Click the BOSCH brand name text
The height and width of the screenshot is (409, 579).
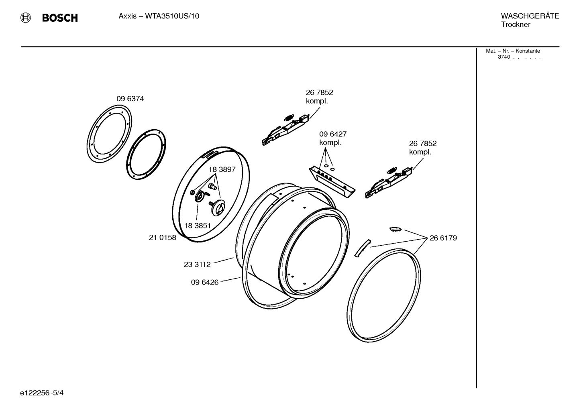tap(60, 18)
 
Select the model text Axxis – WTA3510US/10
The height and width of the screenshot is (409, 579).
tap(159, 16)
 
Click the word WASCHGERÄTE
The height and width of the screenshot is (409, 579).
tap(530, 16)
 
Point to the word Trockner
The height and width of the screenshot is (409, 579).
tap(516, 24)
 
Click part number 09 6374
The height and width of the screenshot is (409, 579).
tap(130, 99)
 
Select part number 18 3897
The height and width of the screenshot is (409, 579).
tap(222, 169)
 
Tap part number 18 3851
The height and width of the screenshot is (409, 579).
tap(197, 226)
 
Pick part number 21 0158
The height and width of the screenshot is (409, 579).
tap(162, 238)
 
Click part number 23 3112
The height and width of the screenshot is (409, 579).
tap(197, 265)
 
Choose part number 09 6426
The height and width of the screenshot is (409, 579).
tap(204, 282)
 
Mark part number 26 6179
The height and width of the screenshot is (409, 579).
tap(443, 238)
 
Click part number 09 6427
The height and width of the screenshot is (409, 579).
tap(333, 134)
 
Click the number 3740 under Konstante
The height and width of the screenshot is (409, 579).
tap(504, 57)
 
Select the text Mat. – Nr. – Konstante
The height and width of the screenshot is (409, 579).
tap(513, 51)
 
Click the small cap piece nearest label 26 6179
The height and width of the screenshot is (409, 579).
tap(395, 229)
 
